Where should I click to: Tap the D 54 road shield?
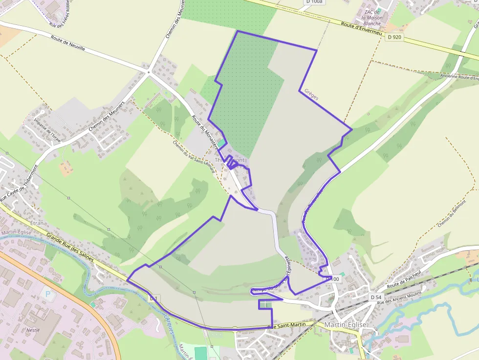tap(375, 297)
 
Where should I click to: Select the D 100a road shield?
tap(314, 2)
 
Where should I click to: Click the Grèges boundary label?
tap(311, 94)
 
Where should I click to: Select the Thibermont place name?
tap(230, 160)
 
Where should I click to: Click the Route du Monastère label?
tap(204, 133)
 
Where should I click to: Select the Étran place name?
tap(37, 223)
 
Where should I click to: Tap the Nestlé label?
tap(33, 330)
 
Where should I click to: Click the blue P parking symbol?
tap(47, 294)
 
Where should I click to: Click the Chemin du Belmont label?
tap(450, 215)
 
